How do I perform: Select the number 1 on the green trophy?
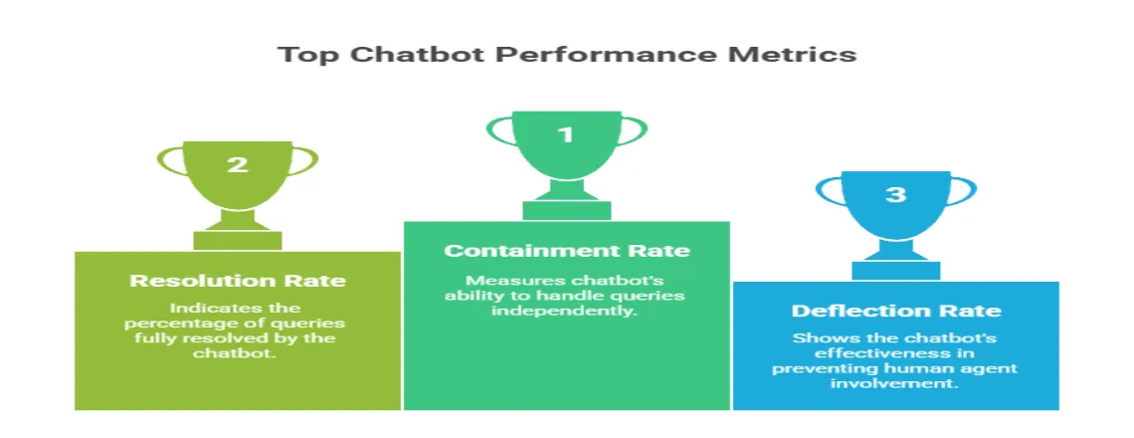pyautogui.click(x=565, y=134)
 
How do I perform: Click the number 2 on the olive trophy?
pyautogui.click(x=237, y=164)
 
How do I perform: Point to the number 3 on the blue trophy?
pyautogui.click(x=895, y=194)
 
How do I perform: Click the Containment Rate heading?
pyautogui.click(x=566, y=250)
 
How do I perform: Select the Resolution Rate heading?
pyautogui.click(x=238, y=280)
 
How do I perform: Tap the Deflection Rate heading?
pyautogui.click(x=895, y=311)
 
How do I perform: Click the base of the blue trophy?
pyautogui.click(x=895, y=270)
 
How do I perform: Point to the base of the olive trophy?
pyautogui.click(x=238, y=240)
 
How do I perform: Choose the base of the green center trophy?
pyautogui.click(x=566, y=209)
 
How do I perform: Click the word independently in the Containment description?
pyautogui.click(x=566, y=312)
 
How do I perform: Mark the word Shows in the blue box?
pyautogui.click(x=815, y=338)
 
